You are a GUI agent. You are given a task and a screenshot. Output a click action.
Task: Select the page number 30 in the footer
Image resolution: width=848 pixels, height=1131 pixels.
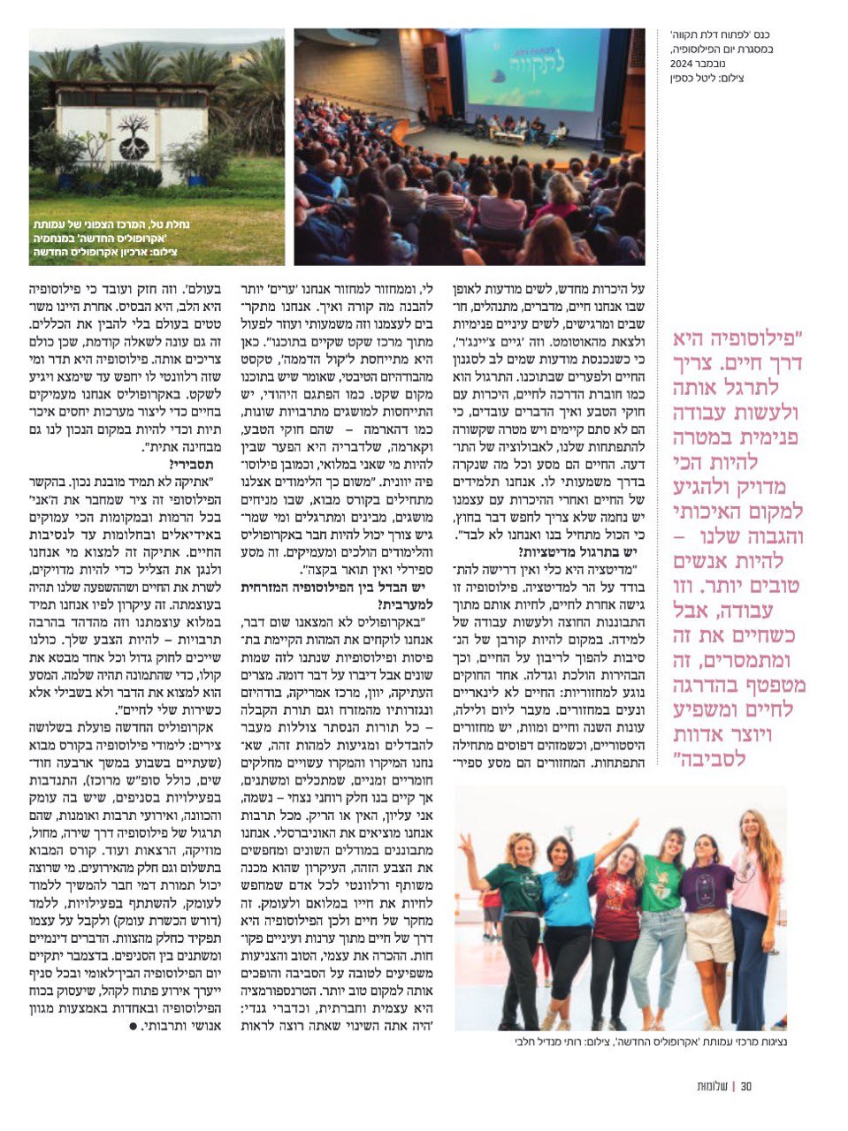[745, 1086]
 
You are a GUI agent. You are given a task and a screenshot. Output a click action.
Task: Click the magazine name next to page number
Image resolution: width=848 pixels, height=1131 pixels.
[713, 1086]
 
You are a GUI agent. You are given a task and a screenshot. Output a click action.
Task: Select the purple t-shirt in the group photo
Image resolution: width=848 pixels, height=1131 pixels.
[707, 886]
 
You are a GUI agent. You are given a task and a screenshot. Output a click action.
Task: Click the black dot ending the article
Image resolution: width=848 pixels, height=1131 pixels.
[134, 1026]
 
